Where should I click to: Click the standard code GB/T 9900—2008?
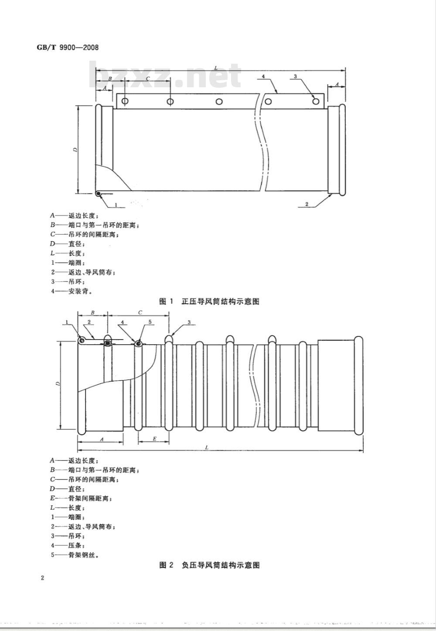[x=68, y=47]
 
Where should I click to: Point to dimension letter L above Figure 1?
[x=216, y=68]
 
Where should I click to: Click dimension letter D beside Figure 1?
[x=75, y=150]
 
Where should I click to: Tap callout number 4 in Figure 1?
[x=263, y=76]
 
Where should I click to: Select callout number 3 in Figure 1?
[x=295, y=76]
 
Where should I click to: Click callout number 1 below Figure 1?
[x=116, y=205]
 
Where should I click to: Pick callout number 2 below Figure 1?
[x=307, y=204]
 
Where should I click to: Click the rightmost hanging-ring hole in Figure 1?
[x=316, y=101]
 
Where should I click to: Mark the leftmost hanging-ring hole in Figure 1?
[x=125, y=101]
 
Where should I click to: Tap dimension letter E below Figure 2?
[x=154, y=439]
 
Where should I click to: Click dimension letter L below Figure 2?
[x=207, y=447]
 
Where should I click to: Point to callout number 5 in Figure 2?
[x=150, y=322]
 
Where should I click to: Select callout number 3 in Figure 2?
[x=189, y=322]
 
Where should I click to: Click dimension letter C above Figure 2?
[x=140, y=313]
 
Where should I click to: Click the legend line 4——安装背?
[x=72, y=291]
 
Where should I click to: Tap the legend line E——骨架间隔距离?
[x=81, y=498]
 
